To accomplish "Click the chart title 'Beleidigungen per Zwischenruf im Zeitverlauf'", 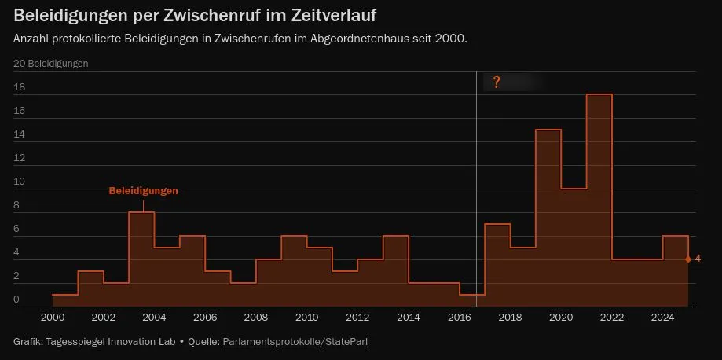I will click(200, 16).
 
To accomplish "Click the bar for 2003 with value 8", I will click(141, 259).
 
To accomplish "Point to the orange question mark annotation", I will click(497, 83).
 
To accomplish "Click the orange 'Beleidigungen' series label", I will click(143, 191).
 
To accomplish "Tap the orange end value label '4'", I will click(698, 259).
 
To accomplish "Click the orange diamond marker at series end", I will click(688, 259).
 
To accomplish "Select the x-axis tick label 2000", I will click(52, 318).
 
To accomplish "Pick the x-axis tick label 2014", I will click(409, 318).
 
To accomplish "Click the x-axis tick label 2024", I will click(663, 318).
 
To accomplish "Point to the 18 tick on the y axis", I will click(19, 87).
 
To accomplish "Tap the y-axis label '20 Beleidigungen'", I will click(51, 63).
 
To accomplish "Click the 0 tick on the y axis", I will click(16, 299).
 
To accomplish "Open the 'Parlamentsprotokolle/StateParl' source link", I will click(295, 342).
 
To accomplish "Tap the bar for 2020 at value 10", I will click(574, 248).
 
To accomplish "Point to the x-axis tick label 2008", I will click(255, 318).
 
